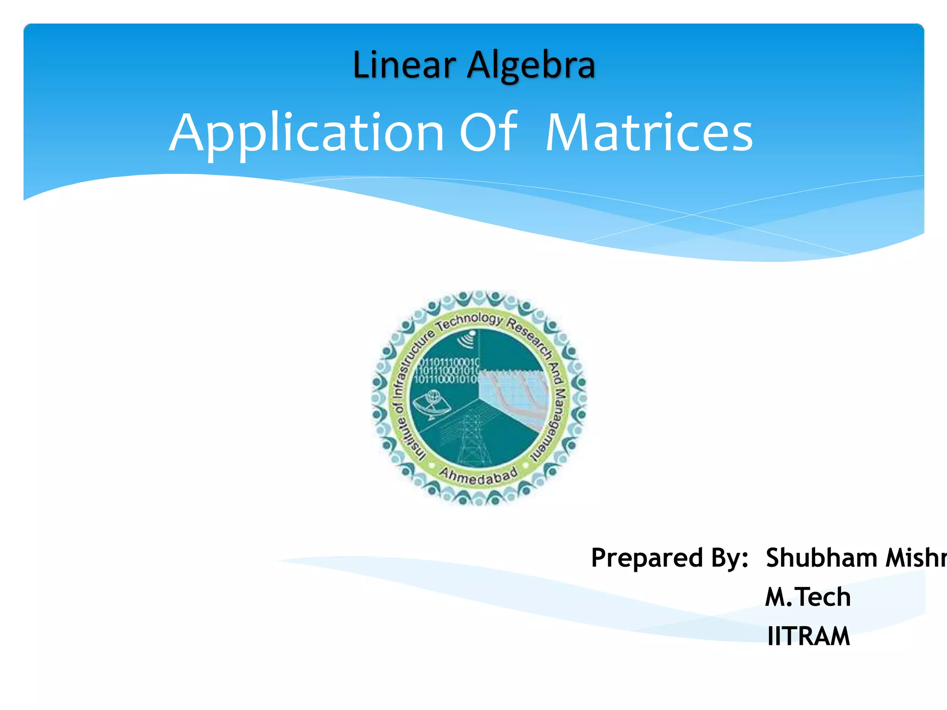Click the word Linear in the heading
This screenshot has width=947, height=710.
[x=404, y=65]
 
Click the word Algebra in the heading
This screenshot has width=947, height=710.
[x=531, y=65]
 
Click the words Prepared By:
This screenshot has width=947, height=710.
[x=669, y=558]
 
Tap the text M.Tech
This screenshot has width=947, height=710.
[x=807, y=597]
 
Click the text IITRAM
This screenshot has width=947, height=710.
[x=808, y=637]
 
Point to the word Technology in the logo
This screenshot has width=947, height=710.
[x=469, y=320]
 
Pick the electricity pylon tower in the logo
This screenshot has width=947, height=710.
[x=471, y=439]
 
